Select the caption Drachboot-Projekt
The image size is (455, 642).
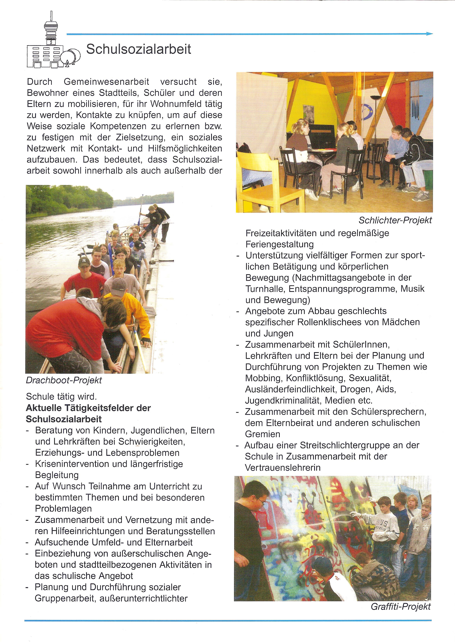[x=64, y=380]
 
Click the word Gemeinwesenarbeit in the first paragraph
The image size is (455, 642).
[x=106, y=82]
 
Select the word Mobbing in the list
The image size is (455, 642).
[x=264, y=378]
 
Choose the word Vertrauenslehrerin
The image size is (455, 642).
[x=283, y=468]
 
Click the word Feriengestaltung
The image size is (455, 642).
[x=283, y=244]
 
